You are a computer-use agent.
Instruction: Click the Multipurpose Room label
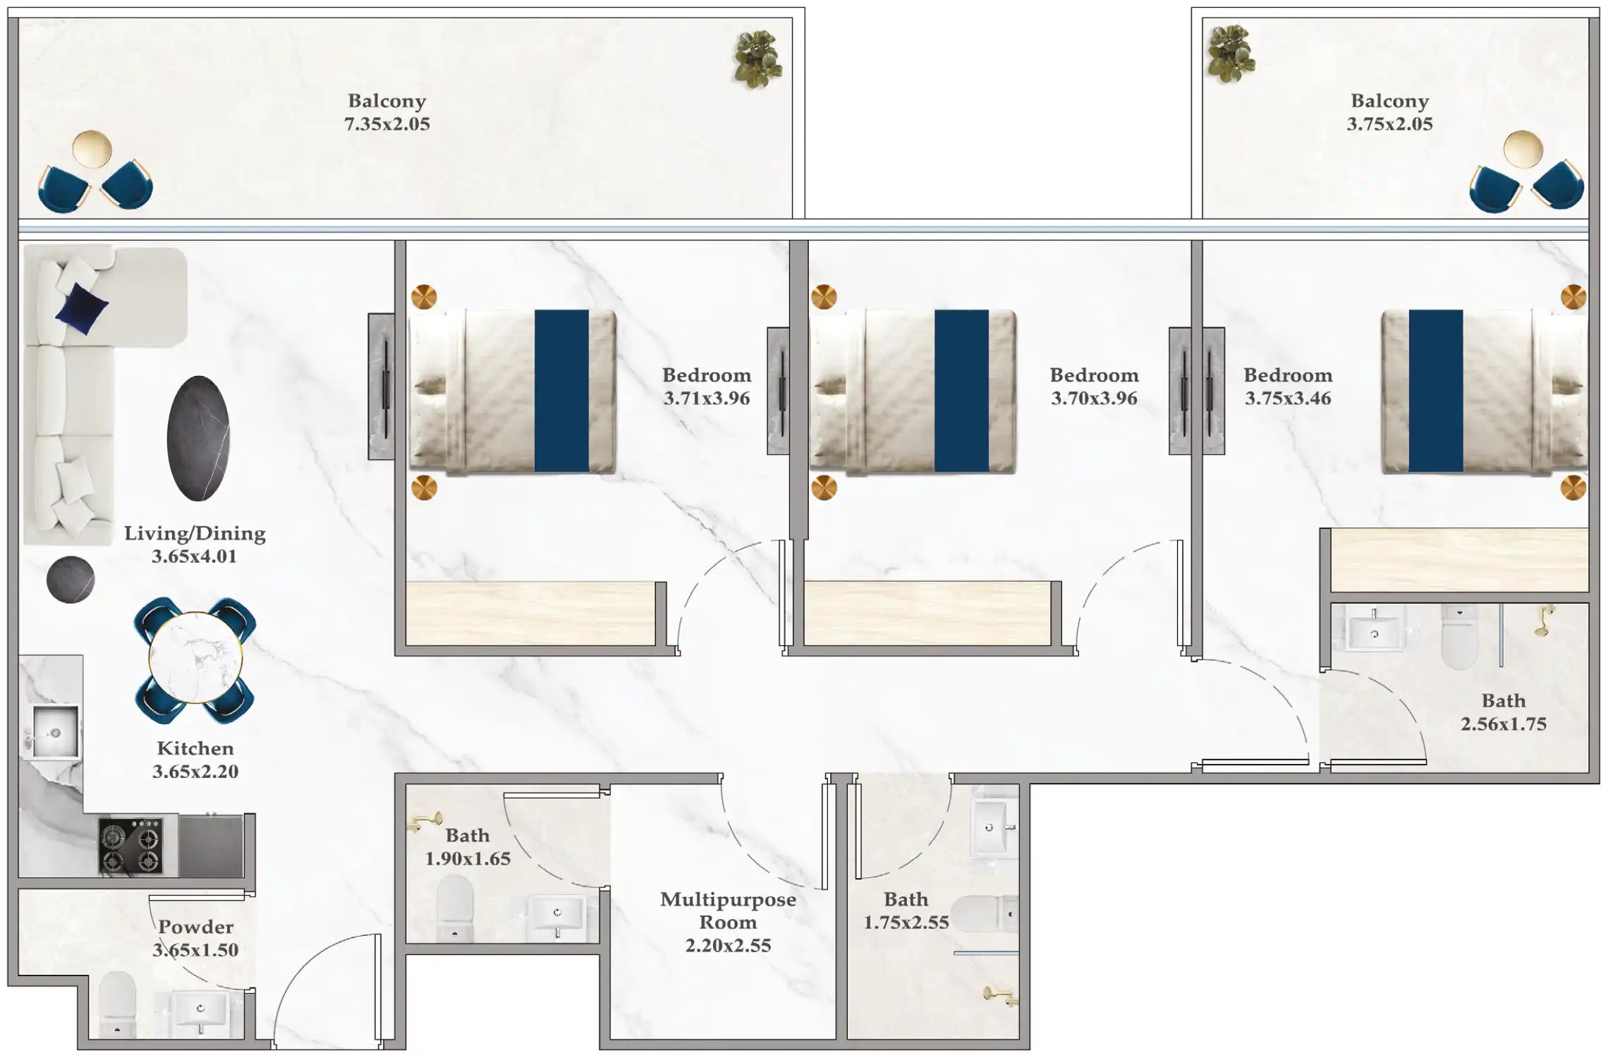(x=727, y=911)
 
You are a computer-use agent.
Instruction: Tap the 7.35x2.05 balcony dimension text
(x=386, y=124)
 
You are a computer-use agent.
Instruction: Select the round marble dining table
(x=195, y=658)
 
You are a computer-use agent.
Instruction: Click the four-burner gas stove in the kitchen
(x=130, y=846)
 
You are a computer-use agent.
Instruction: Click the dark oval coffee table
(x=198, y=438)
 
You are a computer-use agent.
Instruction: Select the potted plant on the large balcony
(x=757, y=59)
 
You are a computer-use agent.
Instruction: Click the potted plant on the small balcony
(x=1230, y=53)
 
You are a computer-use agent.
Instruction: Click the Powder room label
(x=195, y=927)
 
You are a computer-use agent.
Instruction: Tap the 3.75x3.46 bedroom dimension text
(x=1287, y=399)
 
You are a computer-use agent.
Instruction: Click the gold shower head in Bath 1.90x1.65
(x=425, y=822)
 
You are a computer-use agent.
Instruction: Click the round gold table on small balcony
(x=1523, y=149)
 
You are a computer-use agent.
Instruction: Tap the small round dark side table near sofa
(x=71, y=580)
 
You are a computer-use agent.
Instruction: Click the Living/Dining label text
(x=195, y=533)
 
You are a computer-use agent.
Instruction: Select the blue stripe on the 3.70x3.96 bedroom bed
(x=961, y=390)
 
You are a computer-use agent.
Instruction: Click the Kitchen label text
(x=195, y=748)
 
